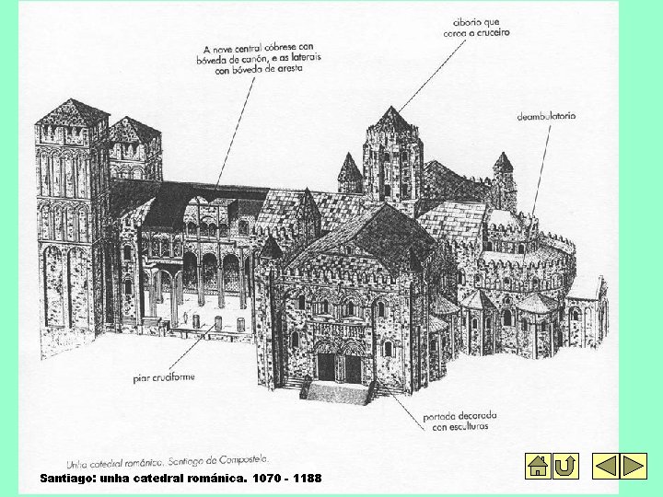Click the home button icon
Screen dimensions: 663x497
click(538, 466)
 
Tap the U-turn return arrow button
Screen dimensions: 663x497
click(566, 466)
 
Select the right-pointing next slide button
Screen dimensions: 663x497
click(634, 466)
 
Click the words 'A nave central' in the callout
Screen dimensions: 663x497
click(232, 49)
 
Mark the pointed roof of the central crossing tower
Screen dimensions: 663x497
click(392, 120)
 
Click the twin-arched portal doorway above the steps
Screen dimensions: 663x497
click(339, 364)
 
